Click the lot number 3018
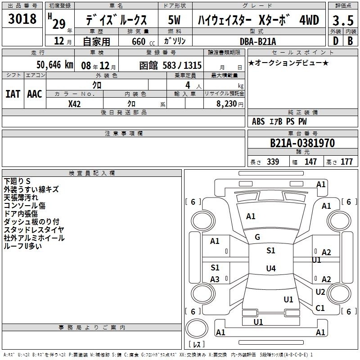click(22, 19)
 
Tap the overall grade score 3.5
click(343, 20)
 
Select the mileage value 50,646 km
click(54, 65)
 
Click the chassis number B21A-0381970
click(302, 143)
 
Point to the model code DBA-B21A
click(258, 41)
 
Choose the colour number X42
click(74, 104)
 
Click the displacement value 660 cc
click(143, 41)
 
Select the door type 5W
click(174, 20)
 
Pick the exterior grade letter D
click(336, 41)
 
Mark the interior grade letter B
click(350, 41)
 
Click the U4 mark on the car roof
click(271, 268)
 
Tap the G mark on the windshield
click(257, 237)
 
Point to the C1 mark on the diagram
click(320, 308)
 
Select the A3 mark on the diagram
click(215, 279)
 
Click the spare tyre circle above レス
click(197, 328)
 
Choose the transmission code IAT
click(13, 94)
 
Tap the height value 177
click(346, 162)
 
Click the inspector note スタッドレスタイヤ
click(34, 230)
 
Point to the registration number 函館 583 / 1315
click(171, 65)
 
